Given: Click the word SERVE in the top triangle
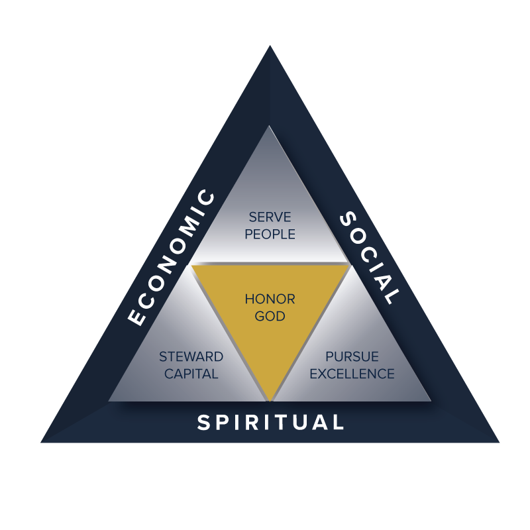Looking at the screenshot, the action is point(270,217).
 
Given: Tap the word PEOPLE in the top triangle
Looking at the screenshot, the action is point(270,235).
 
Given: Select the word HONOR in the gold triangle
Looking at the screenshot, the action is point(270,299).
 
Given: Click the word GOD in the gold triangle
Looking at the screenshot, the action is point(270,317).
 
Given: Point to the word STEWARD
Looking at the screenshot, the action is point(191,357).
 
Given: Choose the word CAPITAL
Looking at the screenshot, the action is point(191,374).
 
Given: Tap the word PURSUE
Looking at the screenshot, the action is point(352,357).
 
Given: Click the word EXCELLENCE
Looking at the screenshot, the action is point(352,374).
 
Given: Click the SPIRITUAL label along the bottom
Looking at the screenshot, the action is point(270,423).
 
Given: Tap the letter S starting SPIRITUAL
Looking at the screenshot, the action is point(203,423).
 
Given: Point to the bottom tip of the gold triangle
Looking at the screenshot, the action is point(270,399).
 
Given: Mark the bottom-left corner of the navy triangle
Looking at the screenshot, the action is point(41,442).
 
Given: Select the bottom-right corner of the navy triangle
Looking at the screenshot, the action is point(499,442).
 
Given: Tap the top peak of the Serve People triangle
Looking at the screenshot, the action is point(269,125).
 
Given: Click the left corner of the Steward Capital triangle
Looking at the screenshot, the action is point(109,400).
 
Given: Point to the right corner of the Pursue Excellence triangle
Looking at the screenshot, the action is point(431,400).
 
